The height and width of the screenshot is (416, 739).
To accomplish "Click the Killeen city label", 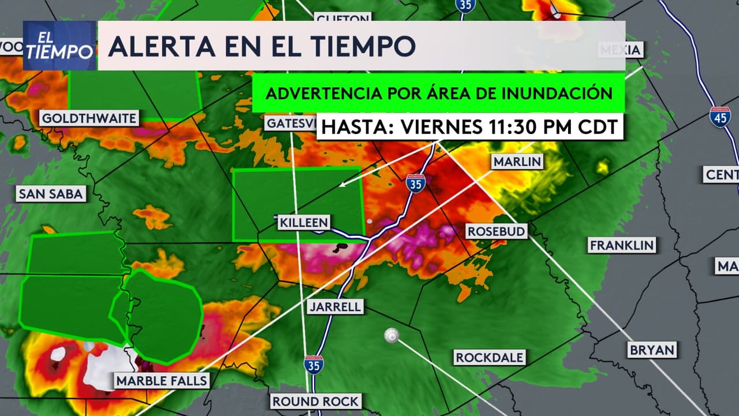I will click(304, 222).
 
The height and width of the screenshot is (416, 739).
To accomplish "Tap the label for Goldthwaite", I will click(89, 119).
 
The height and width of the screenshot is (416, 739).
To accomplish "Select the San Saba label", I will click(51, 194).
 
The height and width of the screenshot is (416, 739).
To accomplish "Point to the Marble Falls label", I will click(162, 381).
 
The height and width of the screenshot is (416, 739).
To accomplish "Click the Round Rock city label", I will click(316, 401).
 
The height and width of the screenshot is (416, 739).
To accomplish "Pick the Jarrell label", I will click(335, 306).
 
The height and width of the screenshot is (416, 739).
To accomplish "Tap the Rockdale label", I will click(489, 358).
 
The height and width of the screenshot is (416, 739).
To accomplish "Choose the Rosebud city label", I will click(497, 231).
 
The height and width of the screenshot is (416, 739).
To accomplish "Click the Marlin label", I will click(517, 161).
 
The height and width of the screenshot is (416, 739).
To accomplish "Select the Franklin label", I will click(622, 245).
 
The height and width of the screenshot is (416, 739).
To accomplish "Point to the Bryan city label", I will click(652, 350).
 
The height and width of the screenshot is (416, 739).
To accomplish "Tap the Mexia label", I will click(621, 50).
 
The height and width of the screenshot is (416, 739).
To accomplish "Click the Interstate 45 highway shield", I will click(720, 116).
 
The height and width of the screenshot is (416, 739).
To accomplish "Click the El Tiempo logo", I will click(59, 46).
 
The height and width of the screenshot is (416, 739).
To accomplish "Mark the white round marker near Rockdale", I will click(392, 336).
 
